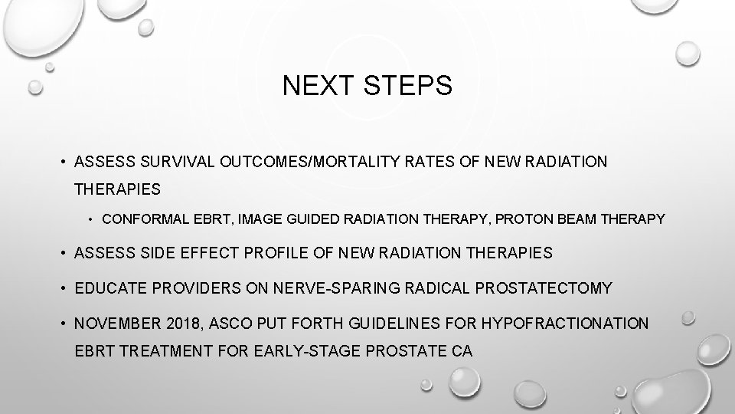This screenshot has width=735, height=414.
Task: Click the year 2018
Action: click(173, 324)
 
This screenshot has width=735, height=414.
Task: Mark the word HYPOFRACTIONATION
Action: click(565, 324)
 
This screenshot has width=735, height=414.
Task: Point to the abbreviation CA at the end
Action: click(461, 352)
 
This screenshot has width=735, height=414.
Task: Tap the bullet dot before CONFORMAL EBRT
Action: click(91, 220)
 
